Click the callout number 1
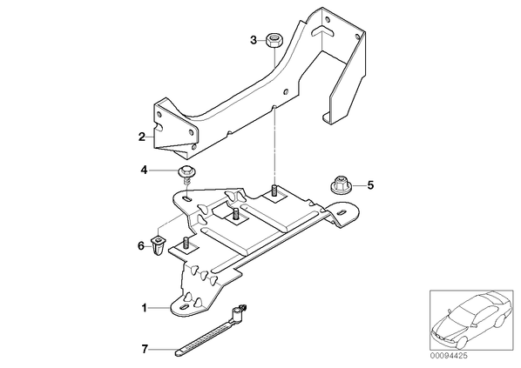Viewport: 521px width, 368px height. pyautogui.click(x=144, y=308)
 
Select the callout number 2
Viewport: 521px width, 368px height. pyautogui.click(x=142, y=137)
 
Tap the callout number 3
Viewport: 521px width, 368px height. pyautogui.click(x=254, y=41)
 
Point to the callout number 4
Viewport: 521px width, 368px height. pyautogui.click(x=144, y=171)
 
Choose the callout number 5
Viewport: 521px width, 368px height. pyautogui.click(x=370, y=184)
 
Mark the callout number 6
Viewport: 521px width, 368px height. pyautogui.click(x=141, y=246)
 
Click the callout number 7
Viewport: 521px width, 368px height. pyautogui.click(x=145, y=349)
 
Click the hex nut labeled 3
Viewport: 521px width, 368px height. pyautogui.click(x=274, y=40)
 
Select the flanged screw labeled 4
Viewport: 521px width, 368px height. pyautogui.click(x=187, y=176)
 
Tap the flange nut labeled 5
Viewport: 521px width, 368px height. pyautogui.click(x=341, y=185)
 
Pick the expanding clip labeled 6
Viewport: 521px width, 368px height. pyautogui.click(x=158, y=244)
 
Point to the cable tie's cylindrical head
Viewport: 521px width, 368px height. pyautogui.click(x=238, y=313)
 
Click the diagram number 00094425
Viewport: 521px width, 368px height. pyautogui.click(x=448, y=356)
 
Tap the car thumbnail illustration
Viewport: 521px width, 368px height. pyautogui.click(x=470, y=320)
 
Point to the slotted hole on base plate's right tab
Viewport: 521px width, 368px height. pyautogui.click(x=342, y=211)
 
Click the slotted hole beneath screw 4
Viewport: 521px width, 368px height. pyautogui.click(x=187, y=198)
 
